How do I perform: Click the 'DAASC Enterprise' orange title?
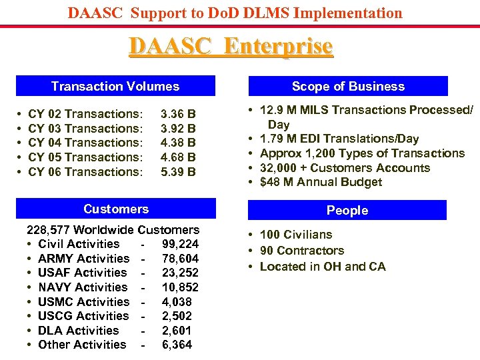pos(231,47)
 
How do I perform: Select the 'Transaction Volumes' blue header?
pos(115,86)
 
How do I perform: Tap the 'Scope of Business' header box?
pos(348,86)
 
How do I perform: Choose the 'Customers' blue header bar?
pos(116,209)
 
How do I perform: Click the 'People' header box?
pos(347,210)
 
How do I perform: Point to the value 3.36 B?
pos(178,114)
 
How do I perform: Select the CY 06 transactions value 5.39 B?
pos(178,171)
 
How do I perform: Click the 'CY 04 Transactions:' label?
pos(86,143)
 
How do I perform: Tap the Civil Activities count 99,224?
pos(180,244)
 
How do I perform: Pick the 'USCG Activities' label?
pos(83,316)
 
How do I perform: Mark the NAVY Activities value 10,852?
pos(180,287)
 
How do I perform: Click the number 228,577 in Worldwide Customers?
pos(49,230)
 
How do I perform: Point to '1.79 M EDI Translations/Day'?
pos(339,139)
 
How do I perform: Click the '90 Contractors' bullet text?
pos(302,251)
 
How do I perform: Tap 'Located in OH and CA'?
pos(323,267)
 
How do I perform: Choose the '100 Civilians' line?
pos(296,235)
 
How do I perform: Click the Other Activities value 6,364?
pos(177,345)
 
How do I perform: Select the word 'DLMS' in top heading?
pos(275,13)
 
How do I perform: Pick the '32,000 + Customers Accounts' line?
pos(345,168)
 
